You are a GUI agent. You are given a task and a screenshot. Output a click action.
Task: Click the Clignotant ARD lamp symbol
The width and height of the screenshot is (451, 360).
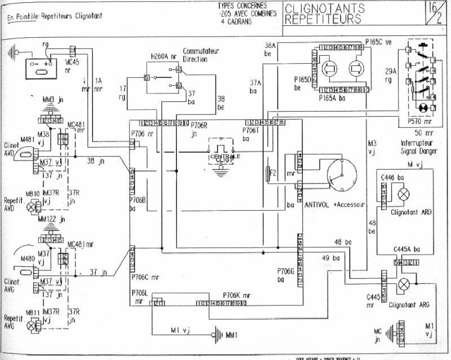404,194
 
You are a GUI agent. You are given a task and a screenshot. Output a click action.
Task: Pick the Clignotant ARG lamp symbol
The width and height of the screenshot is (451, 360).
404,285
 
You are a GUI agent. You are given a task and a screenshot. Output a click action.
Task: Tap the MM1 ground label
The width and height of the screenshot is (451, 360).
232,336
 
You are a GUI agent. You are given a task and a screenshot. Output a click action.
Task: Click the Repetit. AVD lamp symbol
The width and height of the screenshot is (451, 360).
32,207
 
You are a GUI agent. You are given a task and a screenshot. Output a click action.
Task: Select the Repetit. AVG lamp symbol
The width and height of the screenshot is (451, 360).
32,325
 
